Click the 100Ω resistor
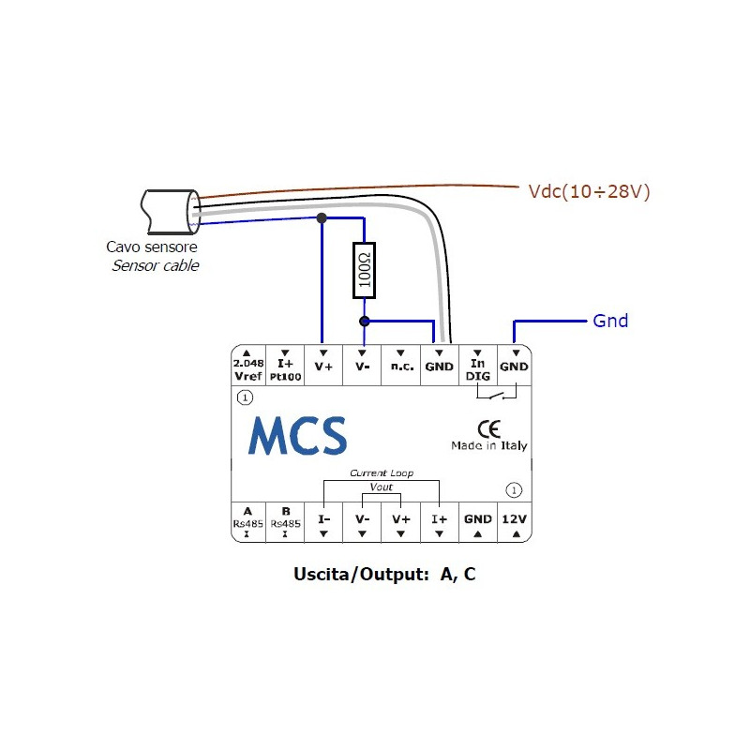pyautogui.click(x=364, y=271)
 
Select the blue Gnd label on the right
pyautogui.click(x=610, y=321)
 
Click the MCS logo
pyautogui.click(x=297, y=436)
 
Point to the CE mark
pyautogui.click(x=488, y=428)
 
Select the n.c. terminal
pyautogui.click(x=401, y=367)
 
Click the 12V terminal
pyautogui.click(x=515, y=523)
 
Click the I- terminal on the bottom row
pyautogui.click(x=323, y=523)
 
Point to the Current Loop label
pyautogui.click(x=382, y=473)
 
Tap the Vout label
pyautogui.click(x=382, y=488)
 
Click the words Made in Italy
pyautogui.click(x=488, y=446)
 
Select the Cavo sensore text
pyautogui.click(x=152, y=248)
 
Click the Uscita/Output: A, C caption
pyautogui.click(x=384, y=574)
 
